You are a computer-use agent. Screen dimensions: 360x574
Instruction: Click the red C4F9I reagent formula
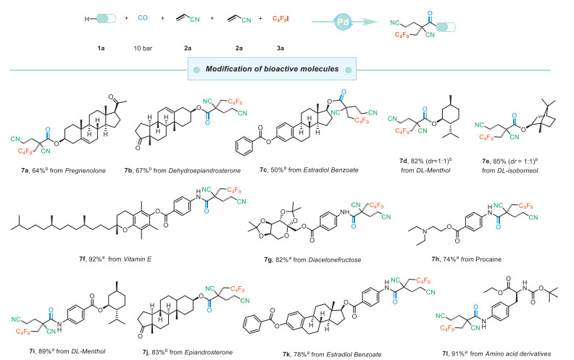pos(280,17)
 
